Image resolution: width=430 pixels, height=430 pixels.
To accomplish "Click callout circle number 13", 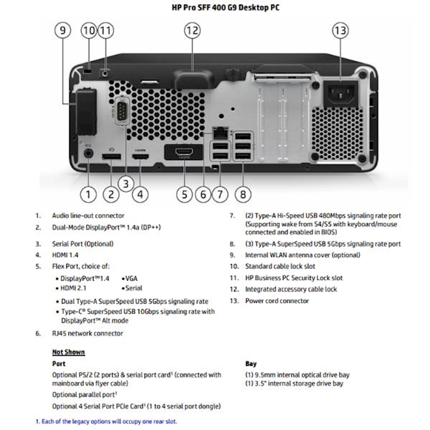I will [x=341, y=31].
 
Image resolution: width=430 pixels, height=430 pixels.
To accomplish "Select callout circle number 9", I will [x=63, y=31].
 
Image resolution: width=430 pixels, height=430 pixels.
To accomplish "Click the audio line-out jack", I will [x=88, y=153].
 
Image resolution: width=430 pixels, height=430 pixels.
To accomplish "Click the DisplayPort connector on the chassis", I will [x=111, y=157].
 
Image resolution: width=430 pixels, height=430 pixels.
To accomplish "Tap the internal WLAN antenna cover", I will [x=86, y=110].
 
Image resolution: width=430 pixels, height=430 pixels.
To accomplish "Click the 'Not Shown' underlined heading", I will [x=68, y=352].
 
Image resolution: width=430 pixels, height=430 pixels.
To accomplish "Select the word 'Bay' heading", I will [x=251, y=364].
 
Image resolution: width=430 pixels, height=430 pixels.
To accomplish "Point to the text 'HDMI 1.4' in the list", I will [x=65, y=255].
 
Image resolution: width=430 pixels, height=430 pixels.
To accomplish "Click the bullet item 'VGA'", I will [x=131, y=278].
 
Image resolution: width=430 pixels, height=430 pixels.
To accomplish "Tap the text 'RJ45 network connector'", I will [x=87, y=333].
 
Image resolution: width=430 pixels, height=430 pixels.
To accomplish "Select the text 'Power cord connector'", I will [x=277, y=301].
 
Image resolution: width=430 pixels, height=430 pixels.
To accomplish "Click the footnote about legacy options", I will [x=106, y=421].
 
